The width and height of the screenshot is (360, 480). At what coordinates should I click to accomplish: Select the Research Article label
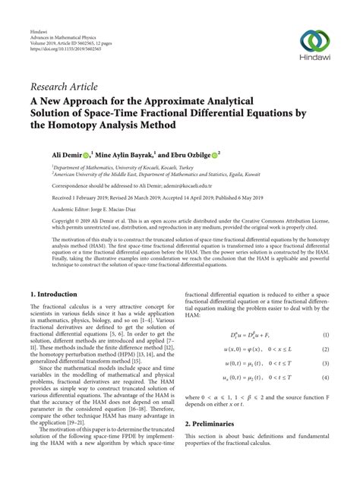click(64, 86)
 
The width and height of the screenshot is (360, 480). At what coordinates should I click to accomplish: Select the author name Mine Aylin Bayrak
click(121, 155)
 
